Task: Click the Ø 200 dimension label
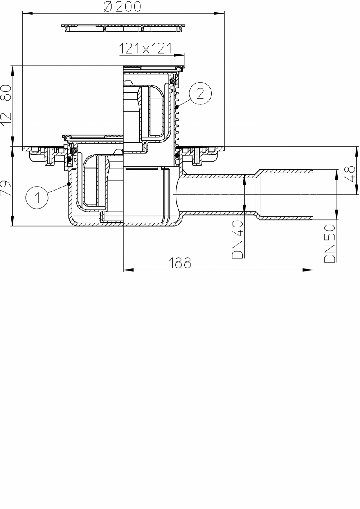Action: [122, 6]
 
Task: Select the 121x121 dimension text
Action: [145, 49]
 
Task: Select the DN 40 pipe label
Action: [238, 239]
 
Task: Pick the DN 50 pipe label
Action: [329, 243]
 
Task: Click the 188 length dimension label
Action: [180, 263]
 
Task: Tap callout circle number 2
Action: [200, 94]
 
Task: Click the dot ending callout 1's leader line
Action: [68, 184]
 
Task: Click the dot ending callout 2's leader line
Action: [177, 107]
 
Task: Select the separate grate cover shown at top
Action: [123, 28]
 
